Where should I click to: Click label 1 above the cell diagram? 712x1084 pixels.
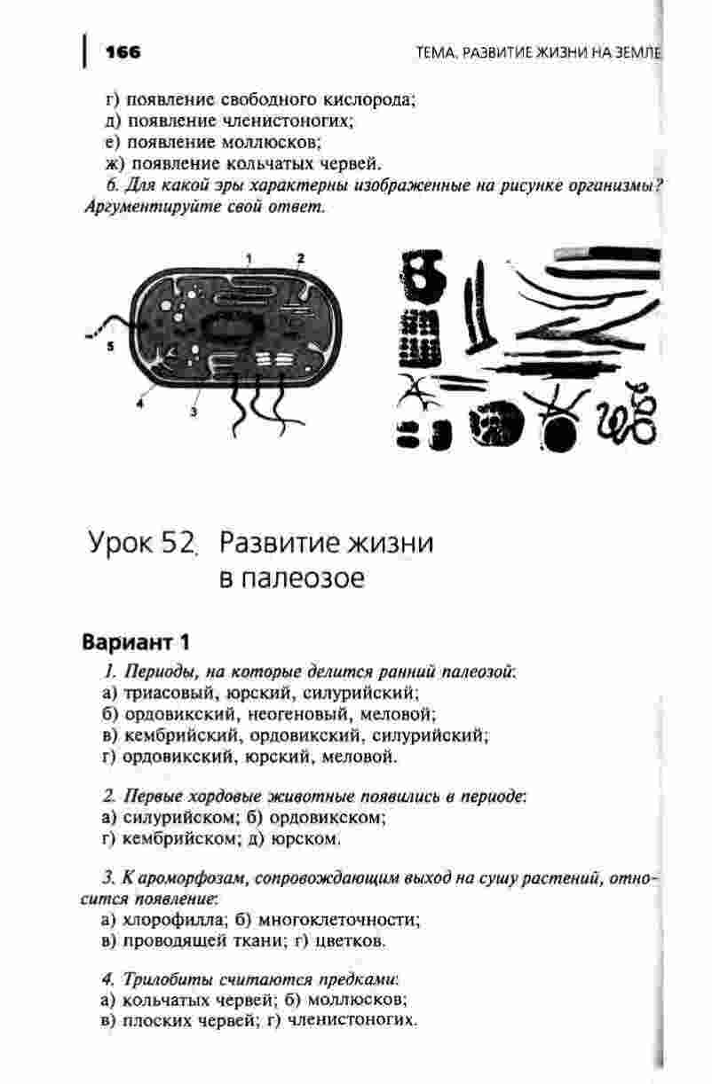click(x=249, y=258)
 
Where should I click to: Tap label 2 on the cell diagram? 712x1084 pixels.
click(x=301, y=257)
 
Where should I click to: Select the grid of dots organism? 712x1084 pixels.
click(x=420, y=338)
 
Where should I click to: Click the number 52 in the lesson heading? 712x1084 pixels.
click(x=178, y=542)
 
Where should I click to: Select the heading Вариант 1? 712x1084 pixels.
click(x=136, y=641)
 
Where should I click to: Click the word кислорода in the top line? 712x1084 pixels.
click(x=372, y=99)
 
